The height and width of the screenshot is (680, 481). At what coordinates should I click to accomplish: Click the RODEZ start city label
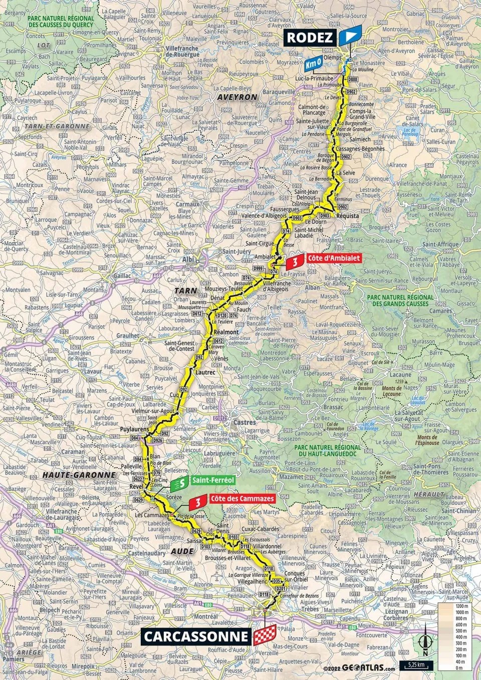coord(310,37)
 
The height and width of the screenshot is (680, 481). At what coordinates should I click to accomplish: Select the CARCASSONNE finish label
coord(196,636)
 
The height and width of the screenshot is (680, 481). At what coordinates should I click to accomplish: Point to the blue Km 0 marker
coord(313,65)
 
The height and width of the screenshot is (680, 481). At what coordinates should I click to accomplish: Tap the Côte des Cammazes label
coord(242,499)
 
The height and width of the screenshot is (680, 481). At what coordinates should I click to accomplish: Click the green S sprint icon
coord(180,484)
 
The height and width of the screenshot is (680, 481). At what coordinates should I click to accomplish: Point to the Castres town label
coord(245,422)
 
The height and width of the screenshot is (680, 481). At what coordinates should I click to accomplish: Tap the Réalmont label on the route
coord(226,332)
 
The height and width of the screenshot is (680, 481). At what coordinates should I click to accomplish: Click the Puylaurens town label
coord(135,430)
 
